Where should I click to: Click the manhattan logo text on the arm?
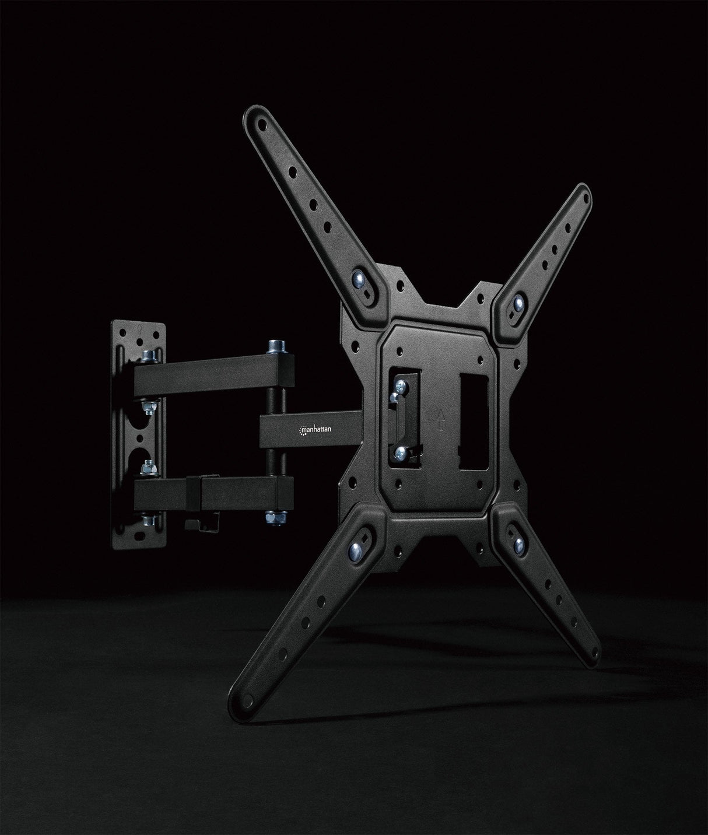click(316, 429)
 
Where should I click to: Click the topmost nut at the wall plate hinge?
click(146, 355)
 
